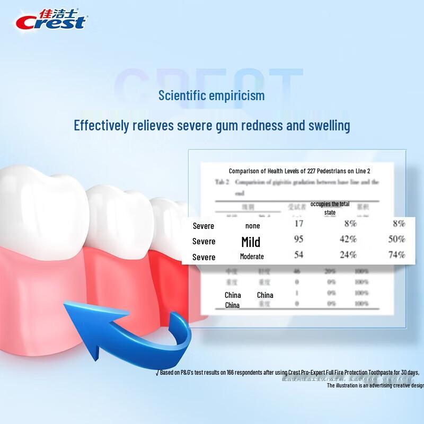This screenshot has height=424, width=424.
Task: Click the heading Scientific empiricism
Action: pos(211,96)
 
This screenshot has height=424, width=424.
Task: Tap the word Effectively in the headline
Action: pos(101,126)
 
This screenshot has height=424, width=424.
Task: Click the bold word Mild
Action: pos(251,242)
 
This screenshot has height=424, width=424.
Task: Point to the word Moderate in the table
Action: pos(252,257)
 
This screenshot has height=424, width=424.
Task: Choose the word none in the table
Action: pos(253,225)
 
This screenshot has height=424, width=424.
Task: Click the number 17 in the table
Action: pos(298,224)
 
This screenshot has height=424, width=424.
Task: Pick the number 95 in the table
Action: pos(298,239)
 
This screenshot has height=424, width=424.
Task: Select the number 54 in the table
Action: pos(298,254)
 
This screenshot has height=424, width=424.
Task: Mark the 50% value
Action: pos(396,239)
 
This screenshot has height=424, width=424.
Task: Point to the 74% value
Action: pos(396,254)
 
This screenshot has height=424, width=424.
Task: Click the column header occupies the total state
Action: pos(330,208)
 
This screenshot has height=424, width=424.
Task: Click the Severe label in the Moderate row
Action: pos(204,257)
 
